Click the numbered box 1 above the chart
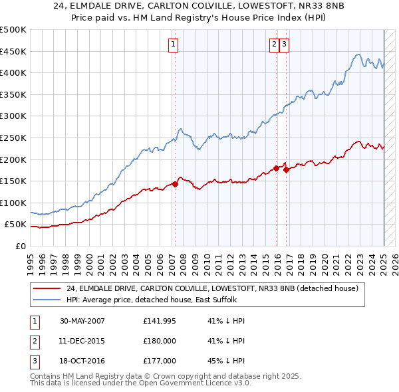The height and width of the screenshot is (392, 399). pos(173,45)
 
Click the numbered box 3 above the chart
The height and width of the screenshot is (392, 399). pos(284,45)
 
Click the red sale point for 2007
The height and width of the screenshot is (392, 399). pos(175,184)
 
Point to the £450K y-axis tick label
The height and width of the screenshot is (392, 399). pos(13,51)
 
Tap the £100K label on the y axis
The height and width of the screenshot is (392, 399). pos(13,203)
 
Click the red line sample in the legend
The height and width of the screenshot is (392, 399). pos(47,288)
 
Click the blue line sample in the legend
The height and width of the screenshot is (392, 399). pos(47,299)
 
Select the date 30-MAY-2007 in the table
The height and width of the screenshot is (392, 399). pos(82,321)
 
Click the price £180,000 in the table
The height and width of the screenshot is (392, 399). pos(160,341)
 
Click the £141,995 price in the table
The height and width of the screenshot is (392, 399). pos(160,321)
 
